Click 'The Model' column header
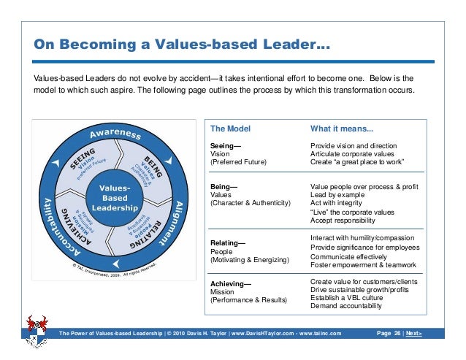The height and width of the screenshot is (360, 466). [x=230, y=129]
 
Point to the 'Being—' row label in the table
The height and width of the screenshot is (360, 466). [x=222, y=188]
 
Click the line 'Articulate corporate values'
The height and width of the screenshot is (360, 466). [x=354, y=154]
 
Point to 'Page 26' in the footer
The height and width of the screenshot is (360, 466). [x=387, y=334]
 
